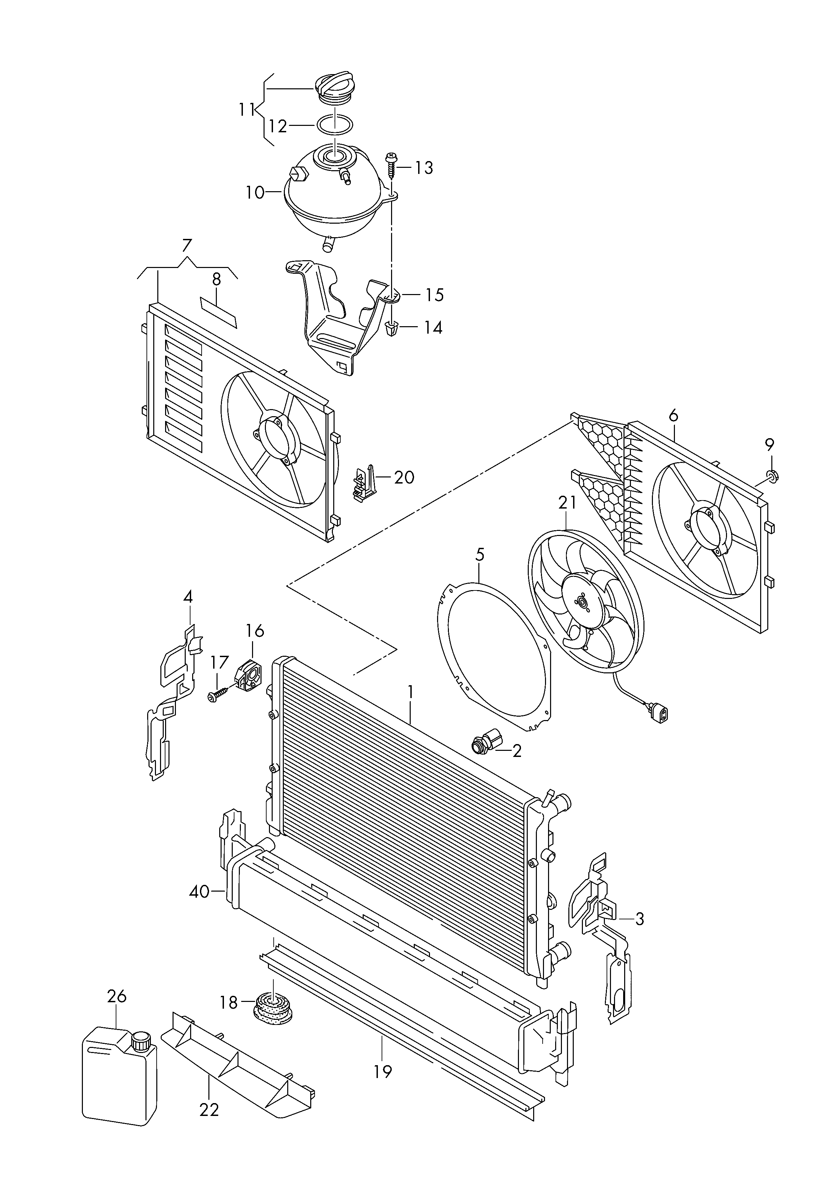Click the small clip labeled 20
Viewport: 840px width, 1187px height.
click(x=364, y=481)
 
